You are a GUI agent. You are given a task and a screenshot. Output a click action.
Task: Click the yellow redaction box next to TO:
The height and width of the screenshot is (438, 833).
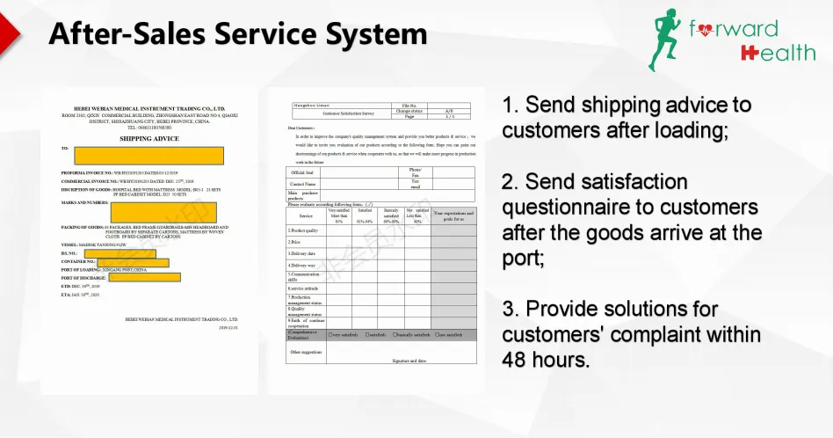[x=147, y=156]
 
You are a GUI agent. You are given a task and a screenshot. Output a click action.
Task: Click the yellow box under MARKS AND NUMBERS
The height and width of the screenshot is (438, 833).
[x=151, y=211]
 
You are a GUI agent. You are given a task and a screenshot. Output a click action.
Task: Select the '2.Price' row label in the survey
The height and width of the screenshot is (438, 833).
[x=296, y=242]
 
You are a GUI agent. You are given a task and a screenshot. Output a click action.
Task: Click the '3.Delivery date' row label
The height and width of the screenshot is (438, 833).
[x=302, y=253]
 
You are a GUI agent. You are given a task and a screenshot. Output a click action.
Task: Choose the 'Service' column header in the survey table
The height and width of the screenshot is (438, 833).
[x=305, y=215]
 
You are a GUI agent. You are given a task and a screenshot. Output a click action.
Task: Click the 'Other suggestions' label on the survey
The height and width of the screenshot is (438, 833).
[x=306, y=352]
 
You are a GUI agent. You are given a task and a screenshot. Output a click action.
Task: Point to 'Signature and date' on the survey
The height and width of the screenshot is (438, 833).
[x=409, y=361]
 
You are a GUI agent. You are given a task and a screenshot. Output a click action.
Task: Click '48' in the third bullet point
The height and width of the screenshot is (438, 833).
[x=516, y=360]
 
